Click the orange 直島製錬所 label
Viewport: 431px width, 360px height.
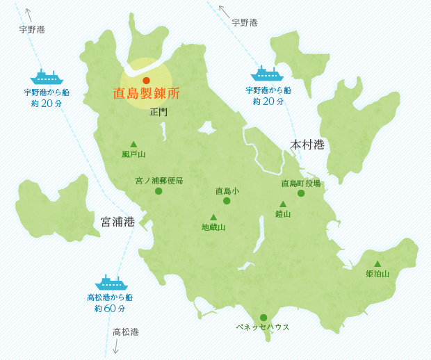146,94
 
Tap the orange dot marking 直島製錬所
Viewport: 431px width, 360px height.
146,81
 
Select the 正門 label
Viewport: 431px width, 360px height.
158,112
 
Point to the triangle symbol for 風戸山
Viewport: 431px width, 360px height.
133,144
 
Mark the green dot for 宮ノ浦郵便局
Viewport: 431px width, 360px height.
158,191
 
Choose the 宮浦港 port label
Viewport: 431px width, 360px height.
117,222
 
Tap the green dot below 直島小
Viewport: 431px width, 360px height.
227,201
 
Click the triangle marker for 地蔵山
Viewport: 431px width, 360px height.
213,217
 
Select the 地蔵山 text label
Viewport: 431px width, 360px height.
213,227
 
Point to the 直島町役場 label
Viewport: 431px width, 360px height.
301,183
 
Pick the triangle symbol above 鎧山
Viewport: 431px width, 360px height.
283,204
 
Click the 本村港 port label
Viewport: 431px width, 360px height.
307,145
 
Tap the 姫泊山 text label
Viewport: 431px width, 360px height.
377,274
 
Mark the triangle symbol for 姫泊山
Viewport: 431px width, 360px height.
377,263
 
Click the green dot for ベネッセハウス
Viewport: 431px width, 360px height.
263,318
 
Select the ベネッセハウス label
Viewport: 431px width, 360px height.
263,327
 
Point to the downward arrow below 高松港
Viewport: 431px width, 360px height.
115,347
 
